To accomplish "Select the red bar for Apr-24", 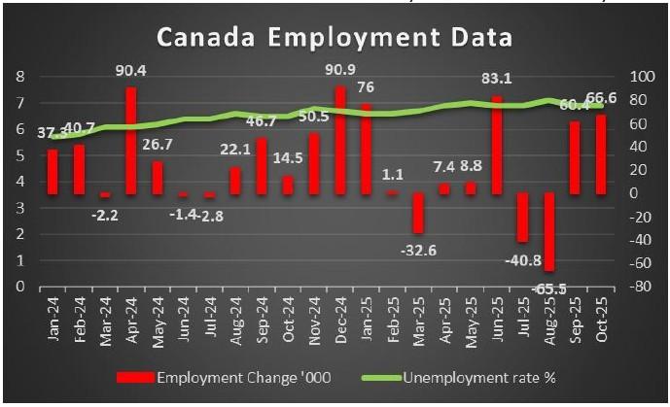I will [x=130, y=141].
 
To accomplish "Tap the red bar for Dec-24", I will [x=340, y=140].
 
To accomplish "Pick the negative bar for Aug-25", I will [x=549, y=231].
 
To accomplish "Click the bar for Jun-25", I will [x=497, y=145].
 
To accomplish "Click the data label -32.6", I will [x=418, y=250].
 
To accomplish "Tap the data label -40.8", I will [x=523, y=258].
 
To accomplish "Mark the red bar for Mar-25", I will [x=418, y=213].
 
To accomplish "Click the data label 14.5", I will [x=287, y=158].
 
